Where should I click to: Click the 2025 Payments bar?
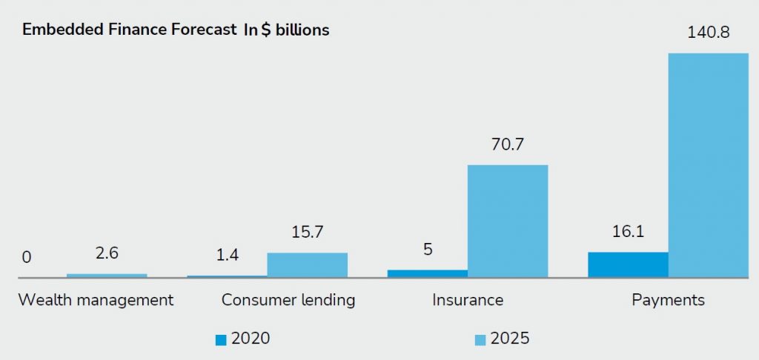coord(708,165)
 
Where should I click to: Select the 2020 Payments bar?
coord(628,264)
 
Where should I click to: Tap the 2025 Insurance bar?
coord(508,221)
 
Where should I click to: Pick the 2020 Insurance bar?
coord(427,273)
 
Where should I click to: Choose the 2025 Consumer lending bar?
coord(307,265)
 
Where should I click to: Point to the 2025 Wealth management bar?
coord(107,276)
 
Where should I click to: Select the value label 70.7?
coord(507,145)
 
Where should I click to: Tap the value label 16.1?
coord(627,233)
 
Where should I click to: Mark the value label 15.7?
coord(307,233)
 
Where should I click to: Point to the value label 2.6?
coord(107,254)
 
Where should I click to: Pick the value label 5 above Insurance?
coord(428,250)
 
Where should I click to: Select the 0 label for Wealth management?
coord(27,258)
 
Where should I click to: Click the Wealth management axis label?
coord(96,300)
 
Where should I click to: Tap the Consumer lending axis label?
coord(288,300)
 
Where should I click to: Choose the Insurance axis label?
coord(468,300)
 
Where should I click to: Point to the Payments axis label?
coord(668,300)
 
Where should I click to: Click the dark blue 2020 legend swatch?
coord(221,339)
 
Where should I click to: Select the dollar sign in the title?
coord(265,30)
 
